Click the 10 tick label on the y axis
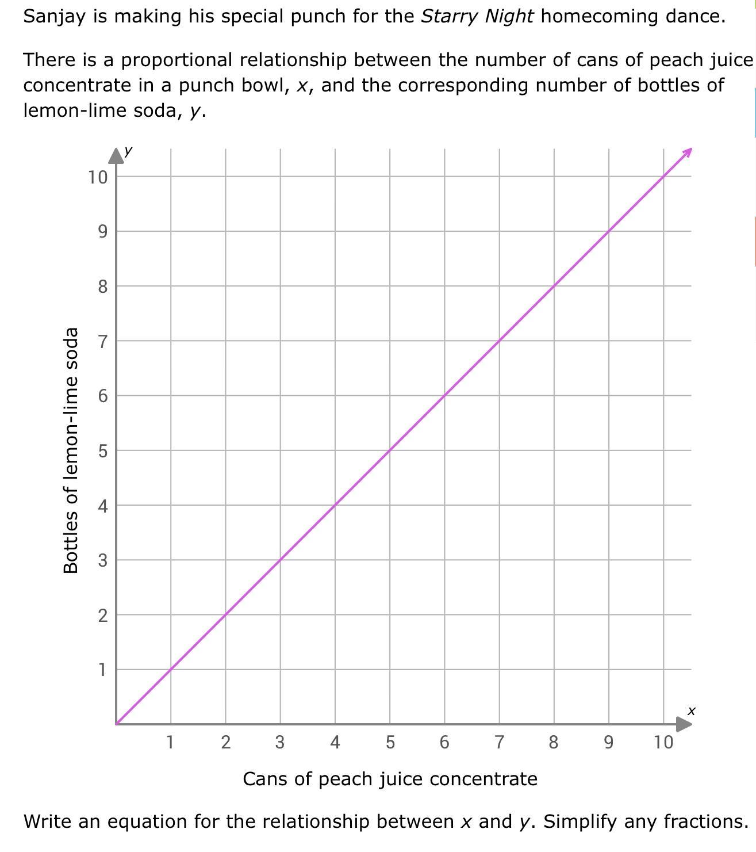[98, 177]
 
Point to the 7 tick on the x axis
[499, 742]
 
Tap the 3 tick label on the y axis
[102, 560]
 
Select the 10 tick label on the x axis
[663, 742]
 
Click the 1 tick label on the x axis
[170, 742]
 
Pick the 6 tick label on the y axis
[102, 396]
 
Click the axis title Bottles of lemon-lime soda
[71, 450]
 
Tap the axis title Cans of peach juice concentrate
[390, 779]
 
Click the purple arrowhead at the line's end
[688, 152]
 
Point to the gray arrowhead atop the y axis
[116, 155]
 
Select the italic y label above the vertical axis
[128, 151]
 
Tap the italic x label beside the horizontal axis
[692, 711]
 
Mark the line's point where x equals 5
[390, 450]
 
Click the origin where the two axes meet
[116, 724]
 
